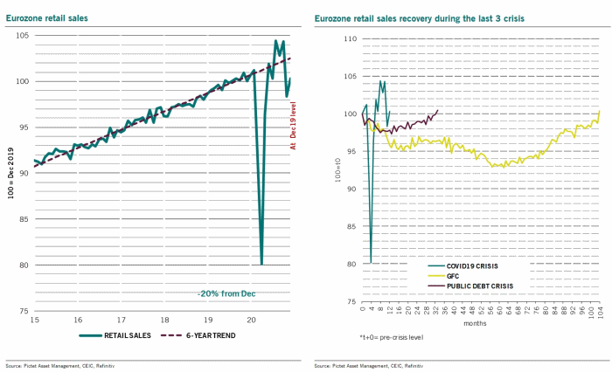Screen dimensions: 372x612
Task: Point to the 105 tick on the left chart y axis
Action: (x=21, y=36)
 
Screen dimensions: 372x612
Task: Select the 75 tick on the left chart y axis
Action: (x=23, y=312)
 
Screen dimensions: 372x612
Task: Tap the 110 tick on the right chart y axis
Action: (x=350, y=39)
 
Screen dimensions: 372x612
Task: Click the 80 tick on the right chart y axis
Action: (x=351, y=264)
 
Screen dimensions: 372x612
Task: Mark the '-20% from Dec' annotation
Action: (x=226, y=293)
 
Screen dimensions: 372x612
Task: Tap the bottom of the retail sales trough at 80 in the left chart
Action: (x=261, y=263)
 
